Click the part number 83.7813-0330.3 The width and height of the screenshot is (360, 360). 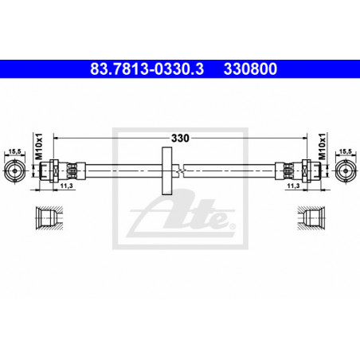147,68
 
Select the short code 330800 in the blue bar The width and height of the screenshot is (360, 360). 250,68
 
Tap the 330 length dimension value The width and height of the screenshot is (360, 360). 180,138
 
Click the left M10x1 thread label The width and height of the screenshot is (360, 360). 39,147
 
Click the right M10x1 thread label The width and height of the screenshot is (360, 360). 322,147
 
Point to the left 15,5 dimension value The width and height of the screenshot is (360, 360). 15,151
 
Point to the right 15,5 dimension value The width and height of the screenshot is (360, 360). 345,151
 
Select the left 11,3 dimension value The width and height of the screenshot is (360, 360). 66,186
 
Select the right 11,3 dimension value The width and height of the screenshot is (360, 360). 293,186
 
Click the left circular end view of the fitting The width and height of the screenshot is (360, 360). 15,170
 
